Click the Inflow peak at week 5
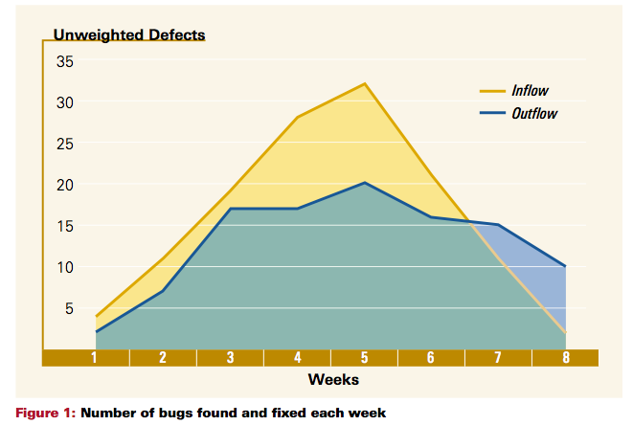click(365, 83)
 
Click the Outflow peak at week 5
click(365, 183)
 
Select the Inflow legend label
click(530, 90)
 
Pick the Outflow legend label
click(534, 113)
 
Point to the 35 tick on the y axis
click(65, 62)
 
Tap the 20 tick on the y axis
click(65, 186)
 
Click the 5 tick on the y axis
click(69, 309)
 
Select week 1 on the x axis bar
click(94, 358)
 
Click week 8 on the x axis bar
click(566, 358)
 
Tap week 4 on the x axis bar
click(298, 358)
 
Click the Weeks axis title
click(333, 379)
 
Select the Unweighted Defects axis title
click(129, 34)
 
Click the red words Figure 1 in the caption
click(45, 413)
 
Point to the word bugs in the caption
click(177, 414)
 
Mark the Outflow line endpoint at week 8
click(565, 266)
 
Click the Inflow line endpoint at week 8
click(565, 332)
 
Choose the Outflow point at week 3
click(230, 209)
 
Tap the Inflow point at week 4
click(298, 117)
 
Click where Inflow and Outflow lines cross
click(469, 221)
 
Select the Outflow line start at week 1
click(96, 332)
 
